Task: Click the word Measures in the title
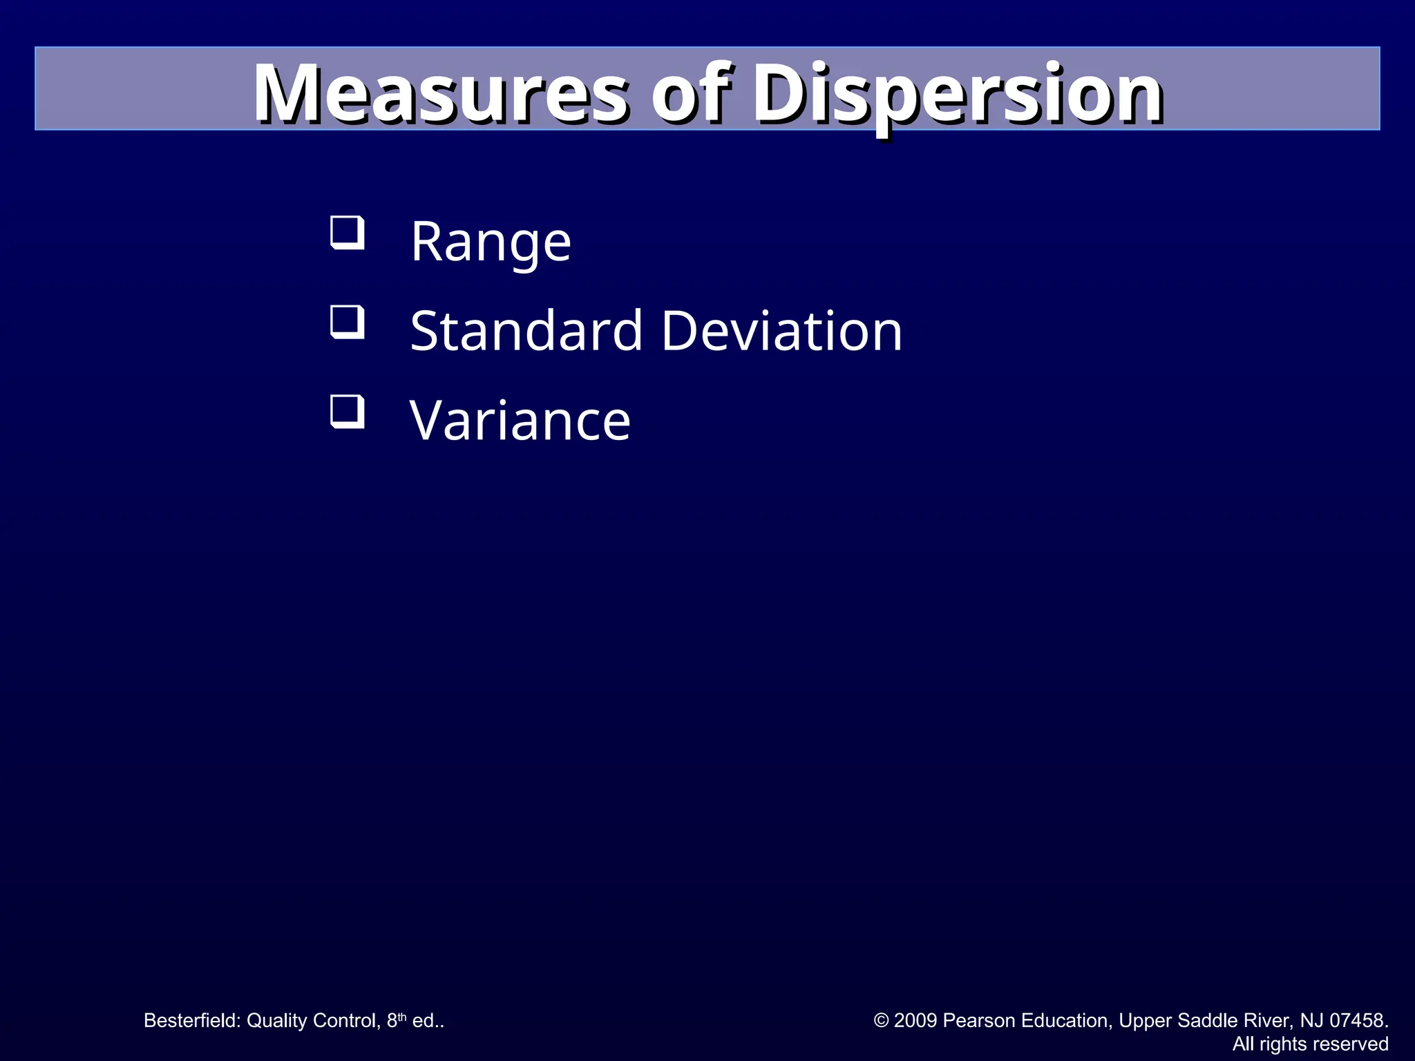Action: (x=440, y=93)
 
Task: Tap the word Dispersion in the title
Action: (x=957, y=93)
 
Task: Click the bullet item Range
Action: (x=491, y=242)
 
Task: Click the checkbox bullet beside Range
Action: (x=347, y=233)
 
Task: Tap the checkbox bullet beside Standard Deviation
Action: (x=347, y=322)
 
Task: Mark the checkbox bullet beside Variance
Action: (x=347, y=412)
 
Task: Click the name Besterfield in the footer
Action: (x=191, y=1020)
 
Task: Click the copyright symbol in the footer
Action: (x=881, y=1020)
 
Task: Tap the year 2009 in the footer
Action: (x=916, y=1020)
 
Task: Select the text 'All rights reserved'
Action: (x=1310, y=1044)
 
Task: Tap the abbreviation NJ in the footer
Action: (x=1311, y=1020)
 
